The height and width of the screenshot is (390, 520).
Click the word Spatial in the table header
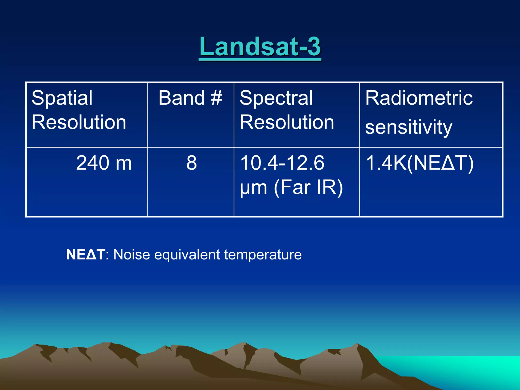click(62, 98)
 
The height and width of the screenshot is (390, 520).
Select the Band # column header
click(190, 98)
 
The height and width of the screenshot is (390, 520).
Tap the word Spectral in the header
click(276, 98)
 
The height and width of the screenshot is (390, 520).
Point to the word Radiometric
click(419, 98)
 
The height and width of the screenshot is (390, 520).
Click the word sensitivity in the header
click(409, 127)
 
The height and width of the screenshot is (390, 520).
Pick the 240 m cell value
click(104, 163)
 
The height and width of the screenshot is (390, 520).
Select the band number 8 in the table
click(191, 163)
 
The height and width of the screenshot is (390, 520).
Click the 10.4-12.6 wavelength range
click(282, 163)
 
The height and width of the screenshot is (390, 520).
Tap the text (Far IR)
click(308, 187)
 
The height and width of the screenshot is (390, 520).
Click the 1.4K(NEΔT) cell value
click(419, 163)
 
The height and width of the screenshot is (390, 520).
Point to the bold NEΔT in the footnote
click(85, 254)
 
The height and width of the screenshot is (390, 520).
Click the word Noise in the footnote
click(132, 254)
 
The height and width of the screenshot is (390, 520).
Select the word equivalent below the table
click(187, 254)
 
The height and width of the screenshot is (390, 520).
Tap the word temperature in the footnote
click(263, 254)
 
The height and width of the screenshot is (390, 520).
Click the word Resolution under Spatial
click(79, 122)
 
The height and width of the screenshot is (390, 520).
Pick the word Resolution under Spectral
click(287, 122)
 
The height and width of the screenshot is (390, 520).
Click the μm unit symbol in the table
click(253, 188)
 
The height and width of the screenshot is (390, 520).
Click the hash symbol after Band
click(216, 98)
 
